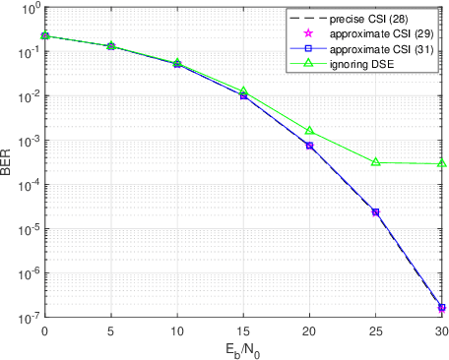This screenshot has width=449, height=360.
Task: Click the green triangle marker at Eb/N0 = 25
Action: coord(375,162)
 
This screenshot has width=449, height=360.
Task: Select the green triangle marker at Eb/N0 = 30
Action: coord(441,164)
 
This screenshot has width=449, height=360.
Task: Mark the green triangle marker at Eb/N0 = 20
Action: coord(309,131)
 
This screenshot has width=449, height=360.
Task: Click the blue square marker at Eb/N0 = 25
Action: coord(375,211)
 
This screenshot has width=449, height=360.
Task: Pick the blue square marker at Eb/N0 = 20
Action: coord(309,146)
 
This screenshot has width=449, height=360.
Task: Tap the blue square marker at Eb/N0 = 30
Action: coord(441,308)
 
